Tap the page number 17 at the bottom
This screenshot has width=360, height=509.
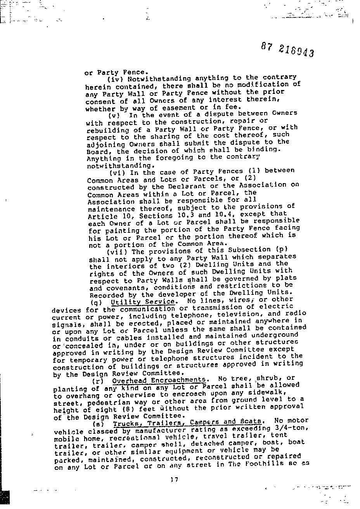(x=174, y=480)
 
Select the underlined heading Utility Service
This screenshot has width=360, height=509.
(x=142, y=301)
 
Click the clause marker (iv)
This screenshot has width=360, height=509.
(x=114, y=79)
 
